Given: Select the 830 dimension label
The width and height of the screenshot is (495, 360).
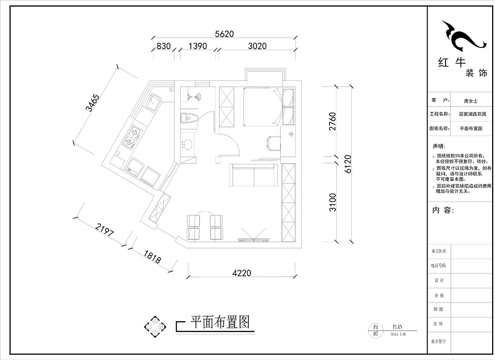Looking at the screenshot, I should coord(163,47).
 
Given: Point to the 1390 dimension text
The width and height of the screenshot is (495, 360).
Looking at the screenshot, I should coord(197,47).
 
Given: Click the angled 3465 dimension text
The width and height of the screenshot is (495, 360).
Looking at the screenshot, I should coord(92,104).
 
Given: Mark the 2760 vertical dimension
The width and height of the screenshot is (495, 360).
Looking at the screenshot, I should coord(333,122).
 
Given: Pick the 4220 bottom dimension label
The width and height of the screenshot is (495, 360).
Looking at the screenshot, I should coord(242,273).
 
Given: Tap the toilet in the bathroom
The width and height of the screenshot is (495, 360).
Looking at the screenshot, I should coord(189,118).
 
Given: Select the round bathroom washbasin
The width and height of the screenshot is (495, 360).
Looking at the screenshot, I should coord(188,145).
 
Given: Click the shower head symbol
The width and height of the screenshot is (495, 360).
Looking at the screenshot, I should coord(198,97).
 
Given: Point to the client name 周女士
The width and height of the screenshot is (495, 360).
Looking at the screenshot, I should coord(470,100).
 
